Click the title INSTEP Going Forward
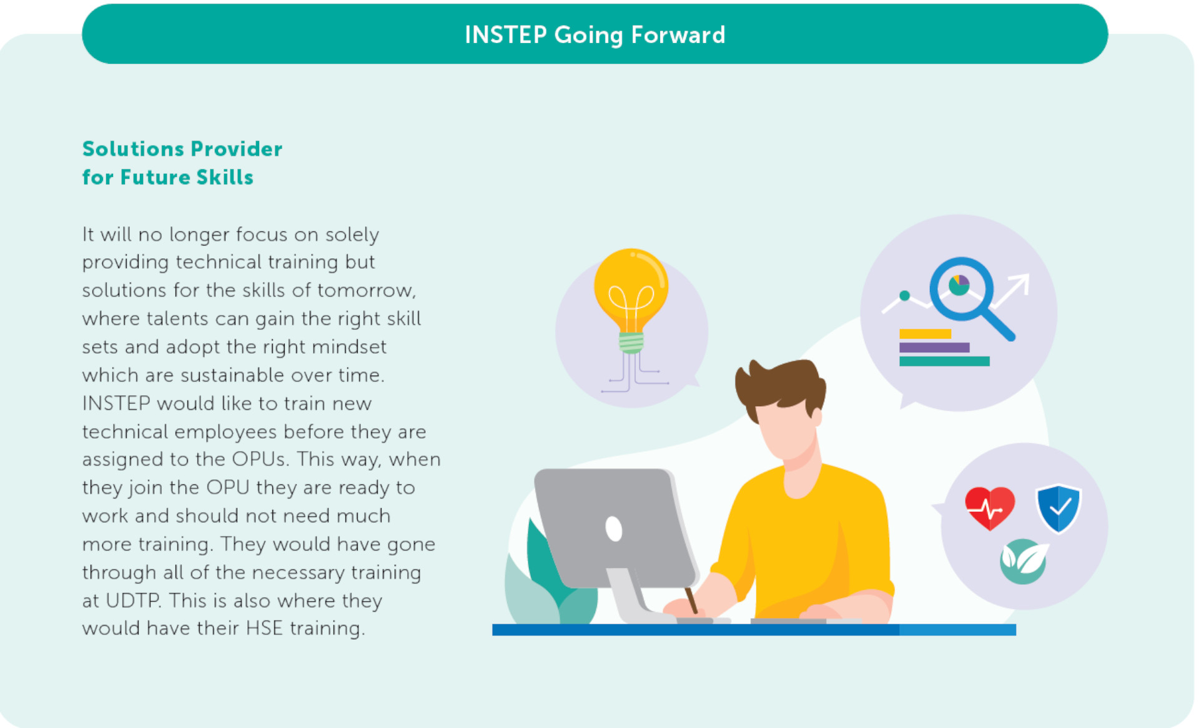595,35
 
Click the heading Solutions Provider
182,149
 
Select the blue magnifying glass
970,297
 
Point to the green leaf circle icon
1024,561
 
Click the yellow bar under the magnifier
925,334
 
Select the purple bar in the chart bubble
934,347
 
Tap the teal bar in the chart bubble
944,361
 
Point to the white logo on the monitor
614,529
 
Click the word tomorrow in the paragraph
367,291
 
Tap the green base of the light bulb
631,342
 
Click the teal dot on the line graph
904,296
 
